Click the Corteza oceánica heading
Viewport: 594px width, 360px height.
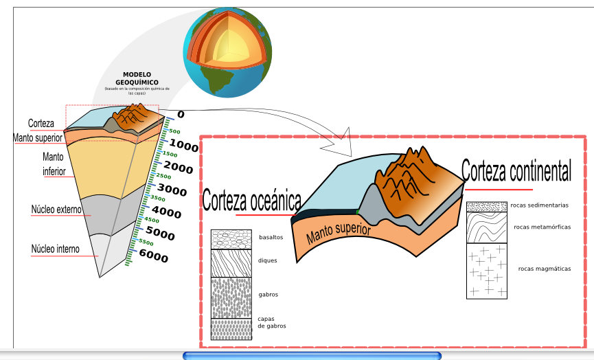point(251,201)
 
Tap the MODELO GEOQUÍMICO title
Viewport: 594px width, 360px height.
point(136,78)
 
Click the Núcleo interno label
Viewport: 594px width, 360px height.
point(55,249)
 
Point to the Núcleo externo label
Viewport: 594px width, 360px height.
point(56,209)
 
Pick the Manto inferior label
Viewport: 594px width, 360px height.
point(54,164)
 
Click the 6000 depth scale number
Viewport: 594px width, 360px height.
point(153,257)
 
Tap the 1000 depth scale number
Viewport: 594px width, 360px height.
point(183,145)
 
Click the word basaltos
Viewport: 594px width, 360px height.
point(271,237)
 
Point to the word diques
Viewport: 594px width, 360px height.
point(268,260)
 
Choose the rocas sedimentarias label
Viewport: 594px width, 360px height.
point(539,205)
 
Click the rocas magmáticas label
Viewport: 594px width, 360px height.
point(545,269)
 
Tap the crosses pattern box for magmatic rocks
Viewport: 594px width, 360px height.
point(486,271)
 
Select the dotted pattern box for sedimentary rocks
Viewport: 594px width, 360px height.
point(486,207)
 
